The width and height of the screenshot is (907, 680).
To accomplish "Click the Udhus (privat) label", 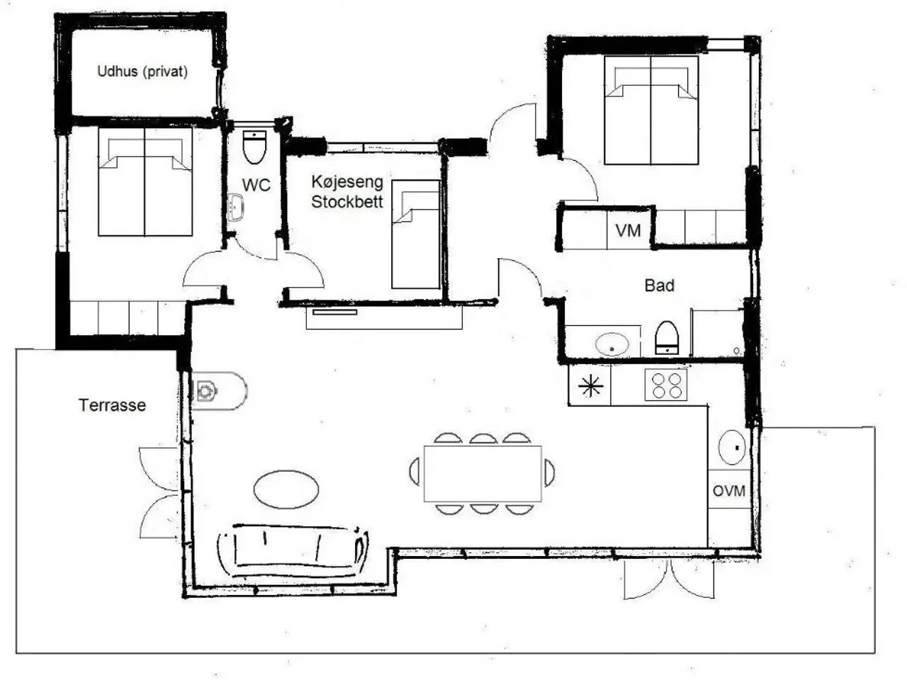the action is [142, 72].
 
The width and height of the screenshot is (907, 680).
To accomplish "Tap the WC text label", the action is [257, 185].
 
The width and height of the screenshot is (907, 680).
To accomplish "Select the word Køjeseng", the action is [347, 181].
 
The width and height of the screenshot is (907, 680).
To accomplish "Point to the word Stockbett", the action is [347, 202].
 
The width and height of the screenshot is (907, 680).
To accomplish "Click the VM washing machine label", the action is [628, 230].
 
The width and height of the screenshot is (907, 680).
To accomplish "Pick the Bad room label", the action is [660, 285].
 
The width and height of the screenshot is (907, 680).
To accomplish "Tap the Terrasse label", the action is [113, 405].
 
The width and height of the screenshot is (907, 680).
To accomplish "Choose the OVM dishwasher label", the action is [729, 491].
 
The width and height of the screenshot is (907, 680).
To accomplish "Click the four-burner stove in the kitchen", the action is [666, 385].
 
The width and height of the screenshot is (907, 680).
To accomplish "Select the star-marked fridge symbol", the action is [590, 385].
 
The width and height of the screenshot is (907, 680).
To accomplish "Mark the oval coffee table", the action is [286, 489].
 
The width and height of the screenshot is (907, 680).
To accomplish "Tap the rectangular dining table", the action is [483, 474].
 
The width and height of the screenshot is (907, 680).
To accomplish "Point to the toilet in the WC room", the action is [254, 147].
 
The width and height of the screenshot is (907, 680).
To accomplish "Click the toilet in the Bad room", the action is [667, 338].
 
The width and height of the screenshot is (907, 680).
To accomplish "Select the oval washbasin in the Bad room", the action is [612, 344].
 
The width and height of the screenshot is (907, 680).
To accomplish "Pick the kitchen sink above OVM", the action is [732, 448].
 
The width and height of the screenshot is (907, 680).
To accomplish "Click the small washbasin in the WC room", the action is [237, 208].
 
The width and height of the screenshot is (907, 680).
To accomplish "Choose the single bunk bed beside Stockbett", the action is [415, 234].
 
